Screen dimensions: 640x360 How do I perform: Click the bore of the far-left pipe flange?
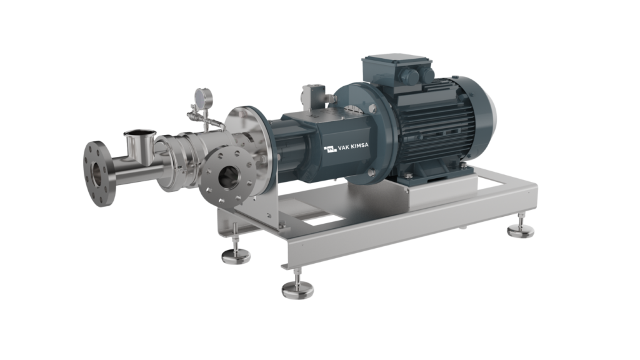[x=96, y=174]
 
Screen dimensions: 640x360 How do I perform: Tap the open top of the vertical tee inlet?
[x=140, y=132]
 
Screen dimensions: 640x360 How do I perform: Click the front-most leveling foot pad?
[x=298, y=291]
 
